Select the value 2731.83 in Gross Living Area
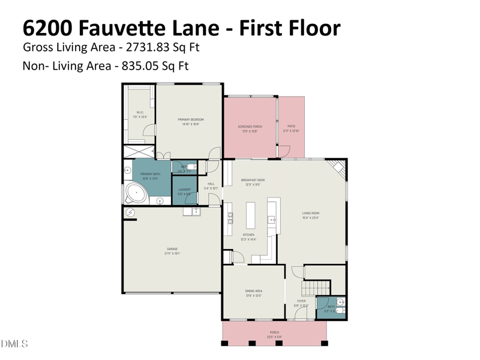(x=149, y=47)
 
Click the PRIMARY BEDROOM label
(x=191, y=120)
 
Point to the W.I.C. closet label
(x=140, y=112)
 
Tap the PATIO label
(x=292, y=127)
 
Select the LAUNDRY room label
(x=184, y=190)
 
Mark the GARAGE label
(x=172, y=249)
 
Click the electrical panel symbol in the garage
(x=130, y=212)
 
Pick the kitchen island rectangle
(x=250, y=215)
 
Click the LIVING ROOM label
(x=310, y=214)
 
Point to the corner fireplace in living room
(x=340, y=168)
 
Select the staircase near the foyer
(x=317, y=287)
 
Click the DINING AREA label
(x=254, y=291)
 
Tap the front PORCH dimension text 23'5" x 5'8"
(x=274, y=337)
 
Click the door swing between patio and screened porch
(x=284, y=150)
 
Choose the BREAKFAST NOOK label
(x=253, y=180)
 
